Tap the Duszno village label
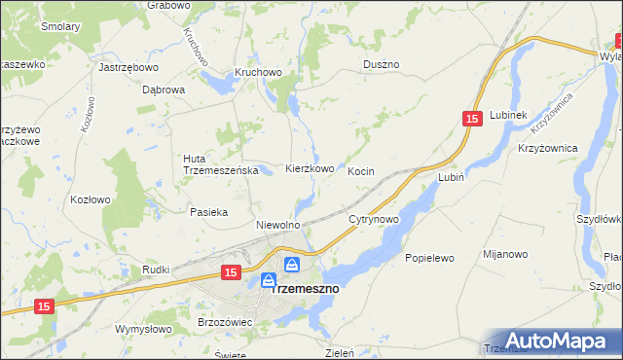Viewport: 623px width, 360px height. point(381,64)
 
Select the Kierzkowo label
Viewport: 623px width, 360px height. point(310,168)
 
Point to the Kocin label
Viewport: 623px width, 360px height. point(361,171)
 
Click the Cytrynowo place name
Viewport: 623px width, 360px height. point(374,220)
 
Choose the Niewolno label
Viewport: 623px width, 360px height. point(277,225)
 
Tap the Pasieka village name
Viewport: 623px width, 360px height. point(209,211)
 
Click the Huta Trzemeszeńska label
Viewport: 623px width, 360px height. point(219,164)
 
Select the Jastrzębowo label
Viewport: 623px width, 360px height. point(128,68)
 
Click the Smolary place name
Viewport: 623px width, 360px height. point(60,27)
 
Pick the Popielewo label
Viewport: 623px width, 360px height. point(429,259)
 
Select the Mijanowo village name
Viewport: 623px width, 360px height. point(505,254)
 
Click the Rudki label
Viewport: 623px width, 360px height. point(157,270)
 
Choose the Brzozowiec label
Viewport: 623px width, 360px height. point(225,321)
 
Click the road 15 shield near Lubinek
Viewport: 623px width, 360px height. point(472,119)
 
